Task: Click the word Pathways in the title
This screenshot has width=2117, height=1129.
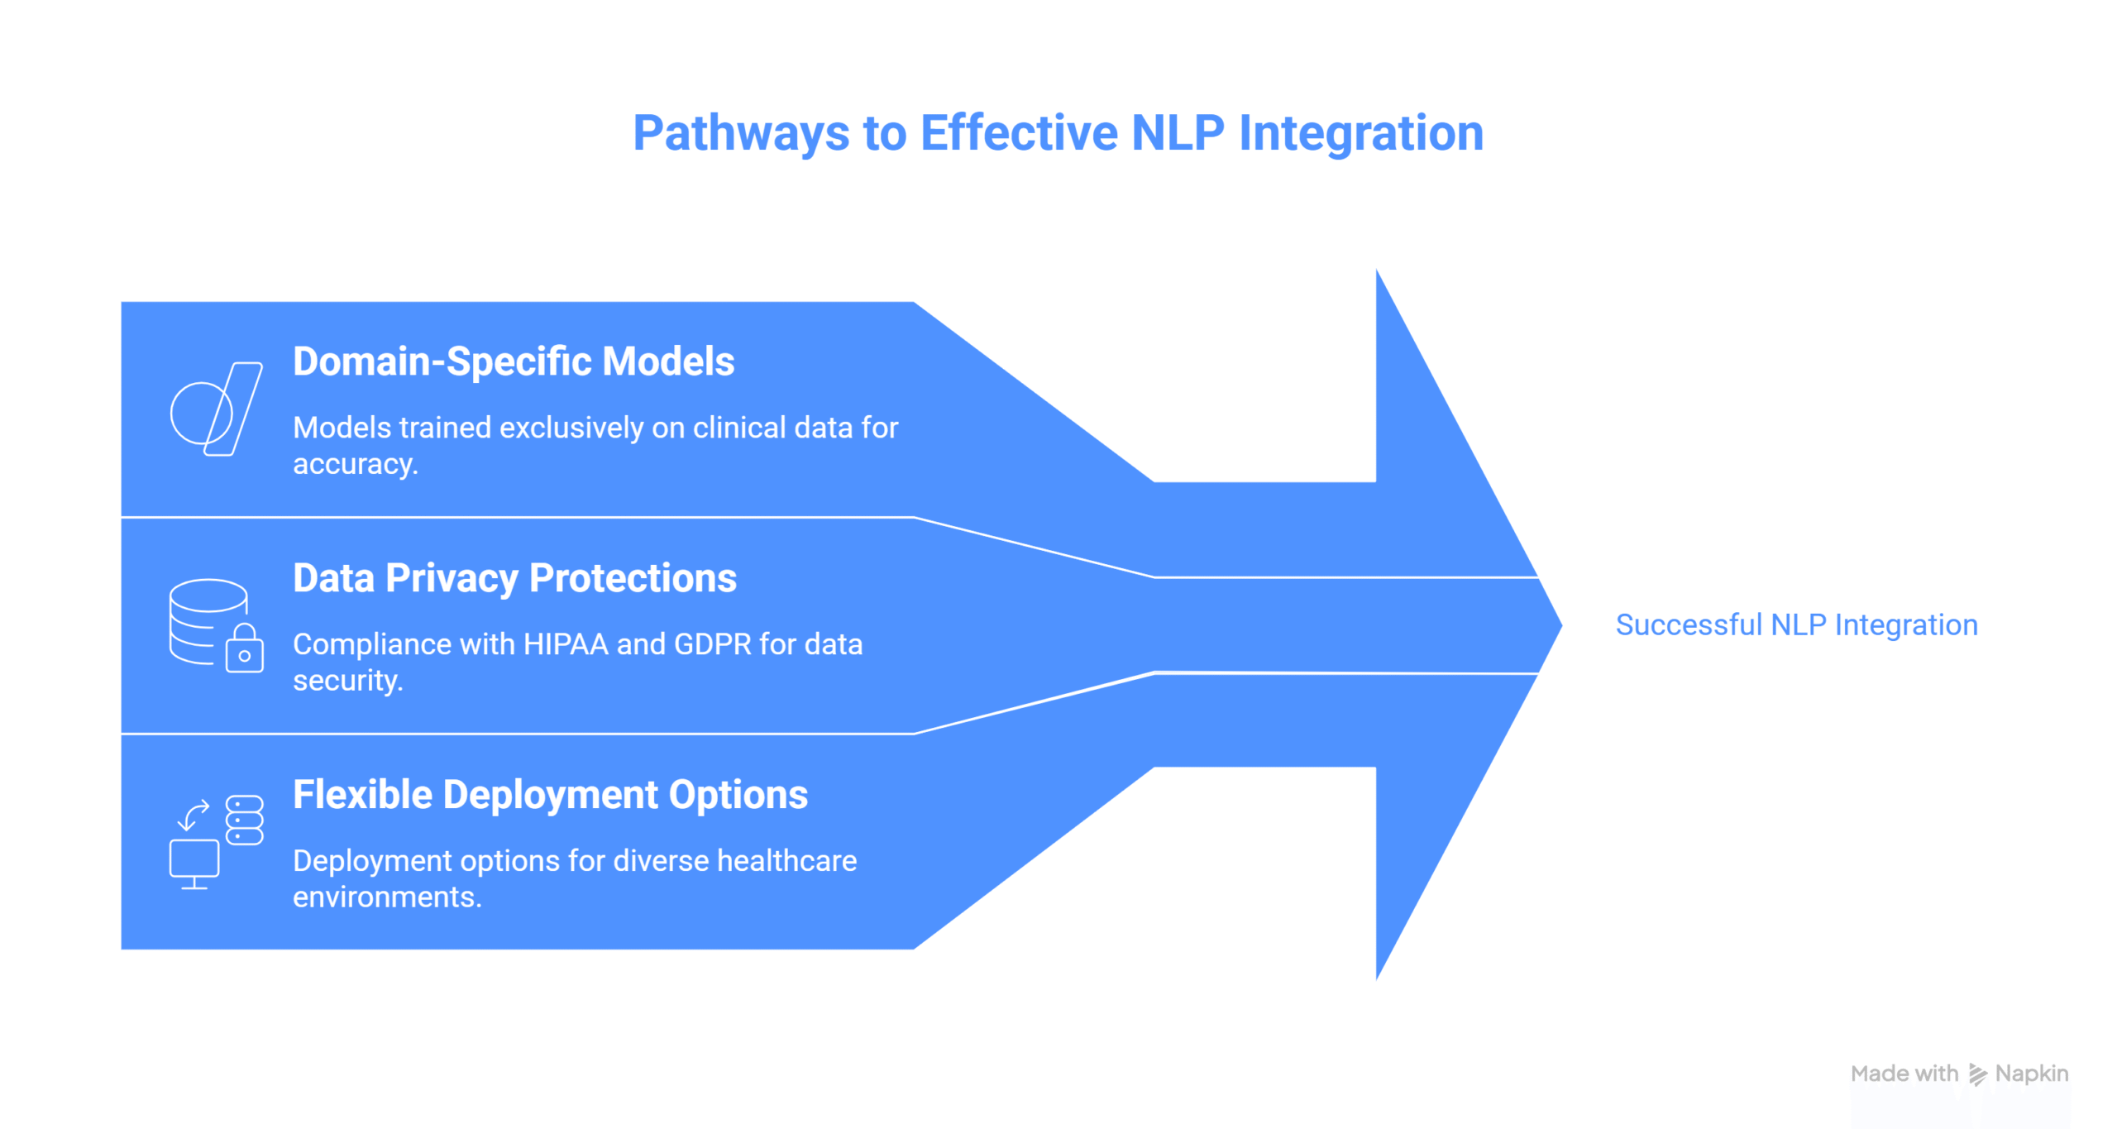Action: pos(740,134)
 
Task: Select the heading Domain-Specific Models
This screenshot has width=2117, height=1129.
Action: pos(514,361)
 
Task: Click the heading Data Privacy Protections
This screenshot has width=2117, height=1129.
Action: pos(514,578)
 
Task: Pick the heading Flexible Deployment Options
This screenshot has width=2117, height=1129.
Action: pos(550,795)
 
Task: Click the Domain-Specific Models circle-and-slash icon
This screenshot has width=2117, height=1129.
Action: pos(216,409)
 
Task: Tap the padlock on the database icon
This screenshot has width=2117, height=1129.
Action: pos(245,649)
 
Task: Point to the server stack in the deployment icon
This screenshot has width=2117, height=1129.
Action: pos(245,820)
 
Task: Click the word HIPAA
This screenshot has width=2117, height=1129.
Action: pos(566,644)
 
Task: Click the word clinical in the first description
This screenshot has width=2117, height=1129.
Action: pos(738,428)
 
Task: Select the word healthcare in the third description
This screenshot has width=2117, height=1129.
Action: pos(786,861)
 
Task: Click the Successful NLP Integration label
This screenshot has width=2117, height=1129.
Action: pos(1796,625)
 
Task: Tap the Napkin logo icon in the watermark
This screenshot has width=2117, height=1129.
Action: pos(1977,1074)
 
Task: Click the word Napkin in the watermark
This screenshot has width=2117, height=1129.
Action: pos(2031,1074)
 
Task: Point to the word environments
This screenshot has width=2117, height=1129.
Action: pos(386,897)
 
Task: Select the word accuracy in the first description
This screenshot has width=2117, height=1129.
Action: pos(355,464)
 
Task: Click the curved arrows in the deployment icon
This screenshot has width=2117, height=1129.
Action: pos(194,814)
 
